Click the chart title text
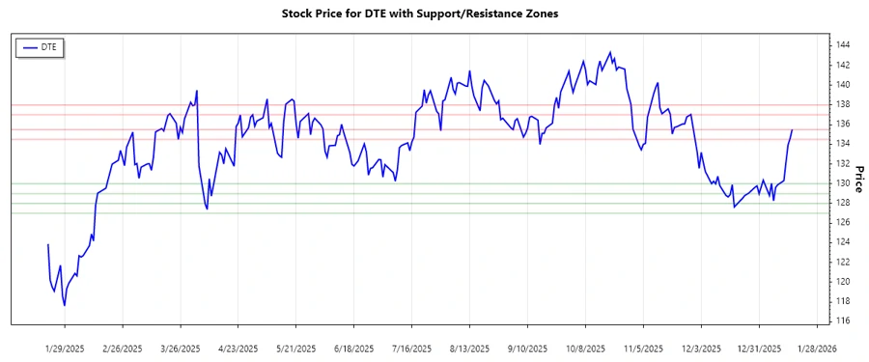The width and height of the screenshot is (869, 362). point(419,14)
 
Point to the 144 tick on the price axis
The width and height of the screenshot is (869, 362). point(843,45)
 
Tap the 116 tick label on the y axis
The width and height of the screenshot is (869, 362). point(843,320)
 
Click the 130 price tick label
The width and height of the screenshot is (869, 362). point(843,183)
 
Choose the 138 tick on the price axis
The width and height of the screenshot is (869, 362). point(843,104)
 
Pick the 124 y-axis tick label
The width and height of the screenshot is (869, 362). point(843,242)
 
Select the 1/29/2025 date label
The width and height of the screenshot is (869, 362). point(66,348)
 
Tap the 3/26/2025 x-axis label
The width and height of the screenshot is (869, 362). point(181,348)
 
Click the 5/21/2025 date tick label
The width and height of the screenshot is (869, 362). point(296,348)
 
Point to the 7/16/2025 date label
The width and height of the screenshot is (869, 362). point(412,348)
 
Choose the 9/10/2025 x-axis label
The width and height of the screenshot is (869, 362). point(528,348)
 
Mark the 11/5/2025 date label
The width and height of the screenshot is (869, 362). point(643,348)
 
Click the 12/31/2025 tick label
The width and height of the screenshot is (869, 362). point(759,348)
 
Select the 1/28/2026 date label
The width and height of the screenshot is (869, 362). point(817,348)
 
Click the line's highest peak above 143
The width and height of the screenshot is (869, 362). point(610,52)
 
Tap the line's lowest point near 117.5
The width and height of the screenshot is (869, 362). point(65,306)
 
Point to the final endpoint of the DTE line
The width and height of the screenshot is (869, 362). point(792,130)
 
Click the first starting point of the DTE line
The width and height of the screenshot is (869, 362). point(47,244)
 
